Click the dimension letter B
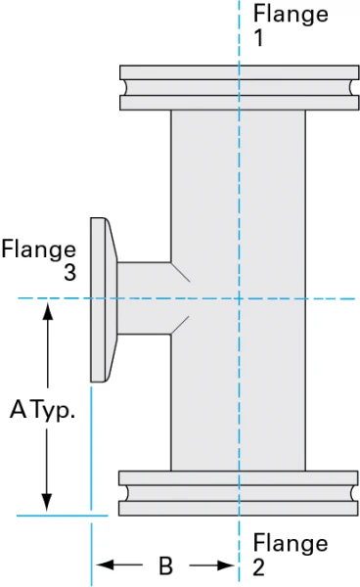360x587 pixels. [165, 565]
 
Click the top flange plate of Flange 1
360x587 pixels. [238, 72]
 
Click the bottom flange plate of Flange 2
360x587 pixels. [238, 509]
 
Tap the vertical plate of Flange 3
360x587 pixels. [98, 299]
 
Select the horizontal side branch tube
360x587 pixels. [145, 298]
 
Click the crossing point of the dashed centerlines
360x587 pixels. [240, 298]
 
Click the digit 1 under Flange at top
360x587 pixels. [259, 39]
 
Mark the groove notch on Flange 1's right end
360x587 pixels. [351, 87]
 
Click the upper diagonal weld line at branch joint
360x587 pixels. [180, 270]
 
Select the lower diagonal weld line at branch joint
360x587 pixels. [180, 326]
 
